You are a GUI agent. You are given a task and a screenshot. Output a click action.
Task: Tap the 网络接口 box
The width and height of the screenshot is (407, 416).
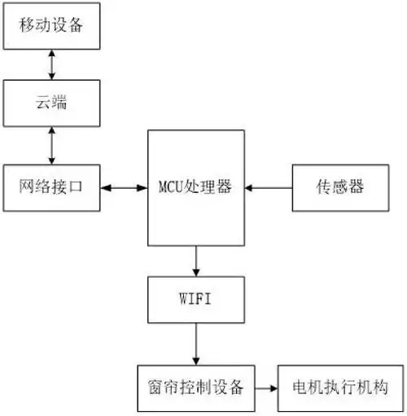[x=53, y=187]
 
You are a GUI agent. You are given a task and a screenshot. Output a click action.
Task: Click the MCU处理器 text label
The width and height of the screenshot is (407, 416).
[x=195, y=187]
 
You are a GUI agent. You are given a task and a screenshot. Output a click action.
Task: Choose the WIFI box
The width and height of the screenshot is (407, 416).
[x=195, y=299]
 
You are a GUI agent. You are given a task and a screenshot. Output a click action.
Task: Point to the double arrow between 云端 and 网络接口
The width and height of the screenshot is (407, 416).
[x=53, y=146]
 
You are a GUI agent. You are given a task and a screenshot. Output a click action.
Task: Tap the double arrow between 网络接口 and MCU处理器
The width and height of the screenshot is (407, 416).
[x=125, y=188]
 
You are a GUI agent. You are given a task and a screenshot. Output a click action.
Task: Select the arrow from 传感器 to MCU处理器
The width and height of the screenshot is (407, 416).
[x=269, y=188]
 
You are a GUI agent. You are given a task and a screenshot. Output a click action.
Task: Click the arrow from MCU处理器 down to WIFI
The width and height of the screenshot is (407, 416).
[x=195, y=261]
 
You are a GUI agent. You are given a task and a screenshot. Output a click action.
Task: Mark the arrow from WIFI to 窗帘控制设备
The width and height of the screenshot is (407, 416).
[x=195, y=343]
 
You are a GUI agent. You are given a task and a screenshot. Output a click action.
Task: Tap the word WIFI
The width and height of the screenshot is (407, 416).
[x=195, y=299]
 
